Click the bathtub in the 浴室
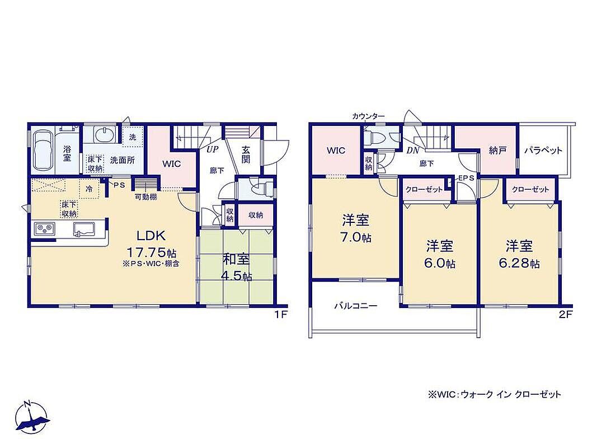(43, 151)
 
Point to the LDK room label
(151, 235)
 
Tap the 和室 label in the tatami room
(236, 259)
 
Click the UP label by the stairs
(213, 150)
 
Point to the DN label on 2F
(413, 151)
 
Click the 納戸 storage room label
(497, 151)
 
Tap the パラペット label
(543, 150)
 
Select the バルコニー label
(356, 306)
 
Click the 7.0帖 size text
(356, 237)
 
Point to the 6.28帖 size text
(519, 263)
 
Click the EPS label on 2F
(467, 178)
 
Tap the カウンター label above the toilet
(368, 116)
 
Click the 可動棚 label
(146, 197)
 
